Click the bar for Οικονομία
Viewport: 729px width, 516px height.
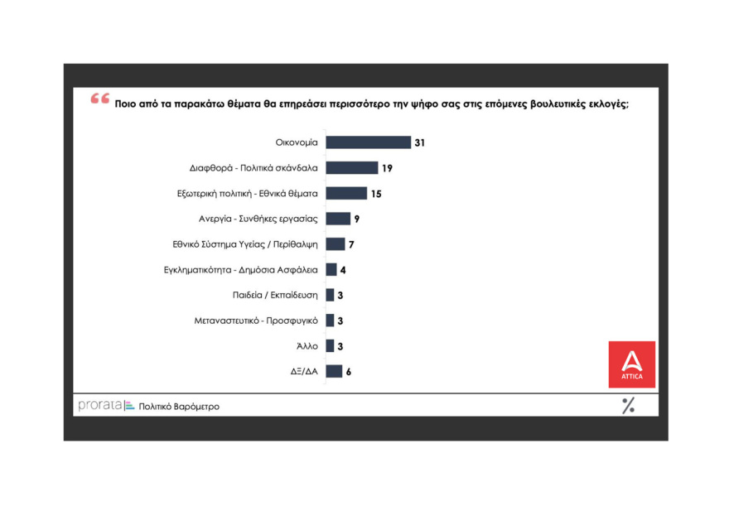(x=368, y=142)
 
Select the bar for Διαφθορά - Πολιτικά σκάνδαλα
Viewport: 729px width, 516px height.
(x=351, y=168)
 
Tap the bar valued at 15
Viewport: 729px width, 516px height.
(x=345, y=193)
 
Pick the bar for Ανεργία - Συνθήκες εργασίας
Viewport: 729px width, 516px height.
(x=338, y=219)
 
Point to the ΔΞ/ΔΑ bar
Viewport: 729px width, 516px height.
(x=334, y=371)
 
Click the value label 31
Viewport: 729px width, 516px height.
(x=420, y=142)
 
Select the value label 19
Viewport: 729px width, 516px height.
(x=387, y=168)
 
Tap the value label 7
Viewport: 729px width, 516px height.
(x=351, y=244)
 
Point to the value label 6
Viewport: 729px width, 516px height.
(x=349, y=371)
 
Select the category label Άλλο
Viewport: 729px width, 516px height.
(x=307, y=345)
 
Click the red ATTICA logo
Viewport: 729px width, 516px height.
(x=631, y=364)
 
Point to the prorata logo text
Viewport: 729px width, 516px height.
(x=99, y=406)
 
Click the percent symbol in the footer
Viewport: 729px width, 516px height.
(x=628, y=405)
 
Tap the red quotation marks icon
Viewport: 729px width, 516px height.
(x=100, y=99)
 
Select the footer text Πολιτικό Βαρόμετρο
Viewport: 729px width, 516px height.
(x=179, y=407)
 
